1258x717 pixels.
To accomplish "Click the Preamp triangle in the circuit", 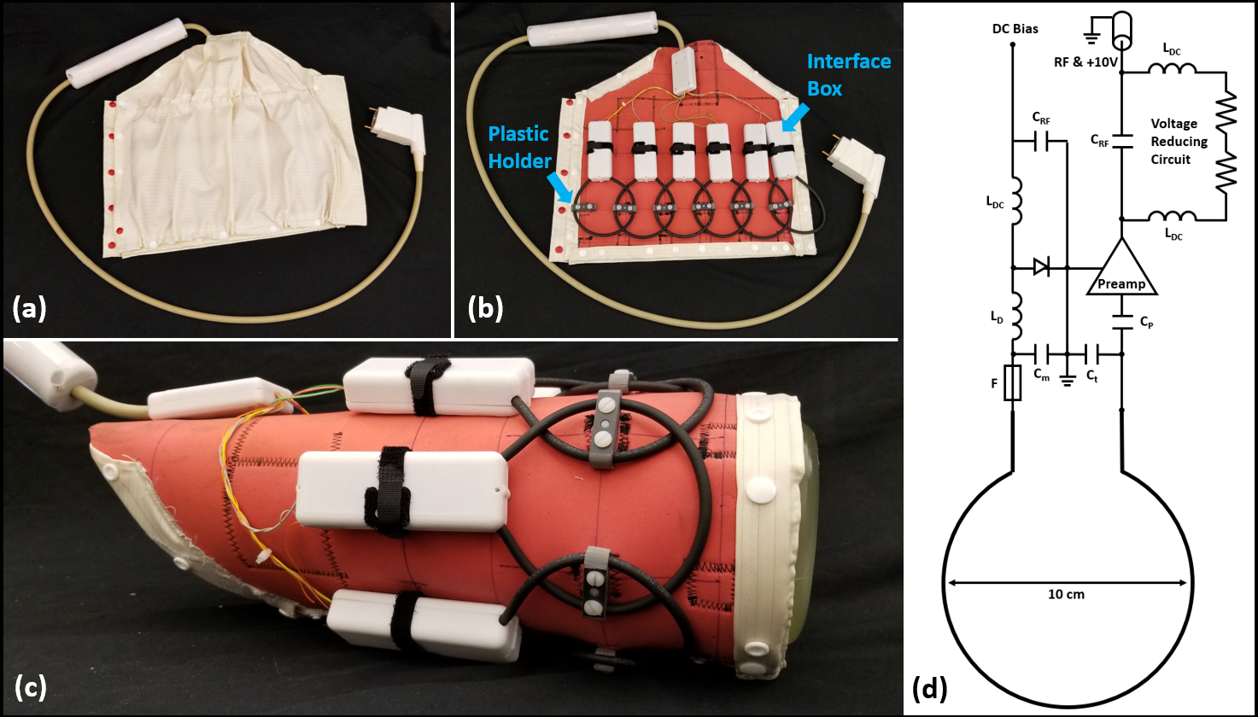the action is (1121, 272).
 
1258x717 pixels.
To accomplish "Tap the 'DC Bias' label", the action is (1015, 29).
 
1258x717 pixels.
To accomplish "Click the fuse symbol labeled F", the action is (1013, 383).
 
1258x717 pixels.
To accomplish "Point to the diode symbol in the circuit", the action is (1042, 267).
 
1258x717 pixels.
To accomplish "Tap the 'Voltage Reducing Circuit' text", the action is (1179, 142).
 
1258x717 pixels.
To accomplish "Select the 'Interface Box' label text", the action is (849, 74).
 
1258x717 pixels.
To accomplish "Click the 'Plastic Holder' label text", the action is (519, 148).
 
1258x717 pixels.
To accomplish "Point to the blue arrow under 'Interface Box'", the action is (796, 119).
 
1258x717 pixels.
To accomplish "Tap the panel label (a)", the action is (29, 309).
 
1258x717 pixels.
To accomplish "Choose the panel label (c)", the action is (29, 687).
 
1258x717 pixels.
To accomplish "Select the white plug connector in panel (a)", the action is (399, 131).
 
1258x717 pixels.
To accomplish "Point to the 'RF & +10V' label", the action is (1085, 62).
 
